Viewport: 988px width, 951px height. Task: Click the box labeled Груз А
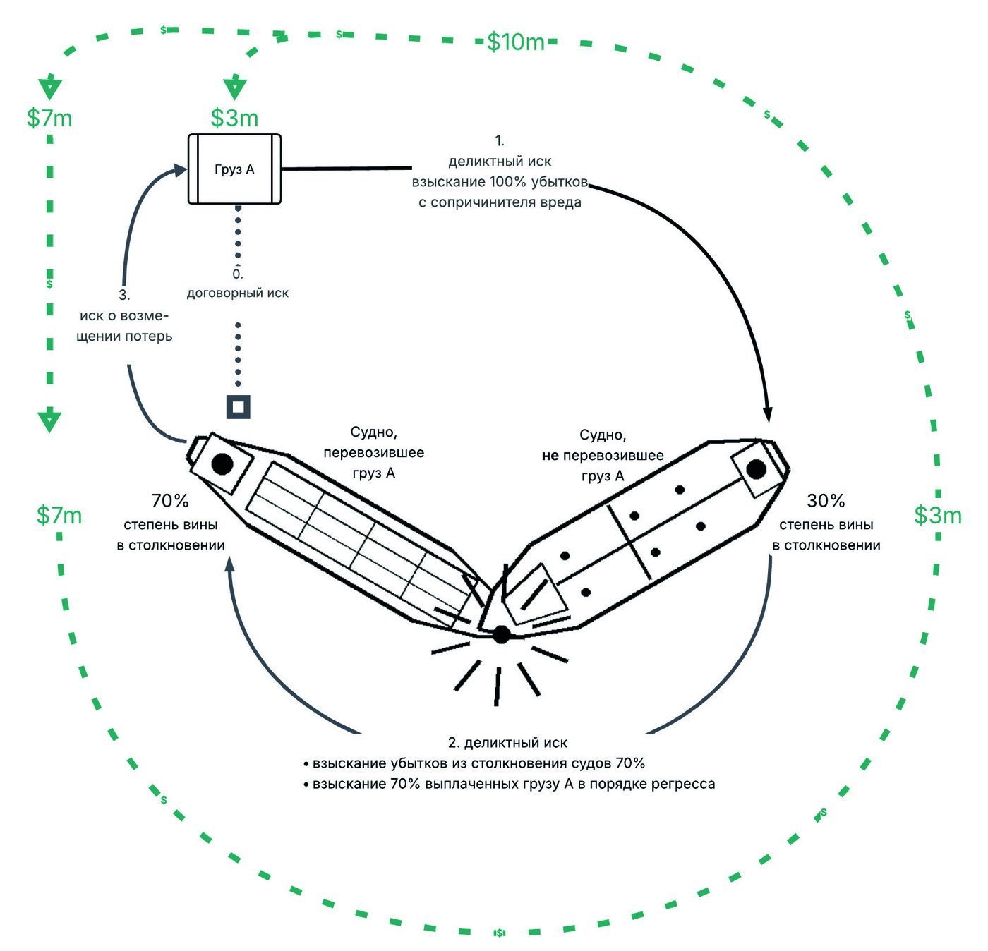[234, 169]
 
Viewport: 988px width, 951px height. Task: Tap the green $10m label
[515, 42]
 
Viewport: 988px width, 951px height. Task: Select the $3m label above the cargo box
[234, 118]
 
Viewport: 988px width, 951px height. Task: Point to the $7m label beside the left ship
[59, 515]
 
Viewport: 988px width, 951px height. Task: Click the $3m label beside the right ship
[938, 515]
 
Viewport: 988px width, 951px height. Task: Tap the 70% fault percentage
[170, 501]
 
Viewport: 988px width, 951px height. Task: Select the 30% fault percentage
[826, 501]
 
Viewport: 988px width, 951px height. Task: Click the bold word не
[550, 455]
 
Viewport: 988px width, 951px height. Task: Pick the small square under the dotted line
[238, 407]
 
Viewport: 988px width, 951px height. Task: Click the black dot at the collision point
[501, 634]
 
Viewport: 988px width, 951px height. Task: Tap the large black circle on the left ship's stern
[222, 464]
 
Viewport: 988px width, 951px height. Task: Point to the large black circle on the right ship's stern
[756, 469]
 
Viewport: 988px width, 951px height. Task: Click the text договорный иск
[238, 293]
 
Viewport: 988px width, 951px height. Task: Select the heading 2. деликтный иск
[507, 742]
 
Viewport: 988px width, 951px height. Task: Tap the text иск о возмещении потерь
[124, 326]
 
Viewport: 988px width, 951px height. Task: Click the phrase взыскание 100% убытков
[500, 182]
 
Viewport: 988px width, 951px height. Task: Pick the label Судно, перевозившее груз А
[373, 452]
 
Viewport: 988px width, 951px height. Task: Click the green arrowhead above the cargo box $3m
[234, 87]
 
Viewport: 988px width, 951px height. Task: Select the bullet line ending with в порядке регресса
[510, 784]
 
